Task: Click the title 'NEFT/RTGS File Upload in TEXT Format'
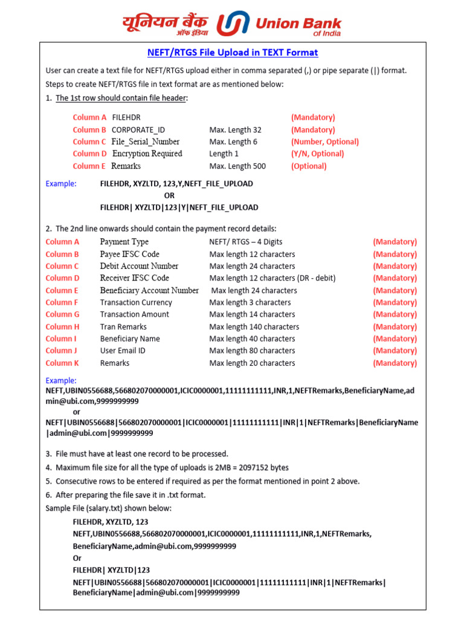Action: (233, 53)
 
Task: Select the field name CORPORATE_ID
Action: (138, 130)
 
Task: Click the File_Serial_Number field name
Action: (146, 142)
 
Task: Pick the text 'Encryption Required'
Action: (147, 154)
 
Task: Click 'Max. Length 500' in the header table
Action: (237, 166)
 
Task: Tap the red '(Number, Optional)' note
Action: (324, 142)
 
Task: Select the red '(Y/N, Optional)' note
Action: (317, 154)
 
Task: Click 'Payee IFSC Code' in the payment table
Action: (130, 254)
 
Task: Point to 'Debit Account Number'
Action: (139, 266)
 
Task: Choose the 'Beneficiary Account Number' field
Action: (149, 291)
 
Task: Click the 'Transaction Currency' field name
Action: (136, 302)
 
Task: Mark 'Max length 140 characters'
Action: (254, 327)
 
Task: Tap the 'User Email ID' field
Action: (123, 351)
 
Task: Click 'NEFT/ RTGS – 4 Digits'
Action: (248, 242)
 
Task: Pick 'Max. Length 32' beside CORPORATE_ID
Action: (236, 130)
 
